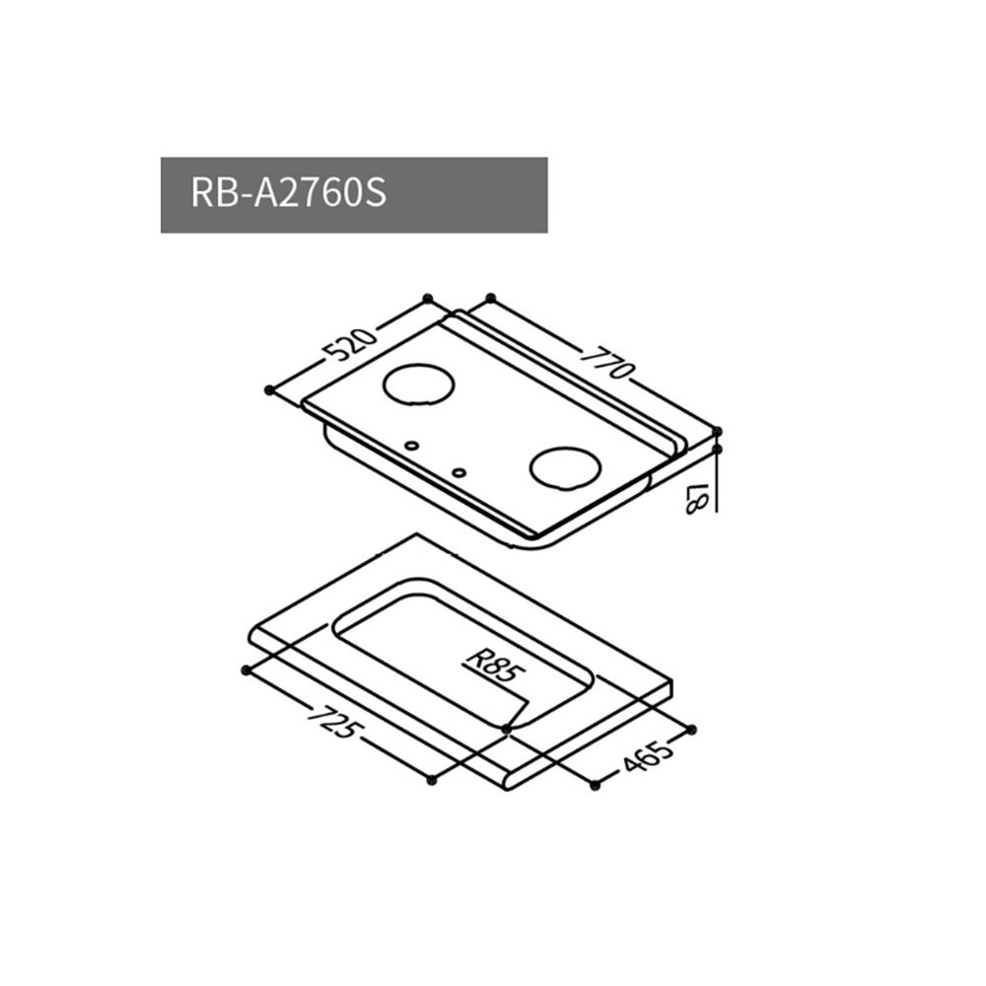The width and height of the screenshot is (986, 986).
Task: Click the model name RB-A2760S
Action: (x=286, y=194)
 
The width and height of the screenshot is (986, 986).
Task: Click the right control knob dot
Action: (x=458, y=471)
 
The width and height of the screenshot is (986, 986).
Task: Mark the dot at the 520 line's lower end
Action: (x=269, y=390)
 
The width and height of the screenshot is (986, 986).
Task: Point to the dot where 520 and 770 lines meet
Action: (x=426, y=298)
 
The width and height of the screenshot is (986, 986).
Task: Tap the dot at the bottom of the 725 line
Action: (x=431, y=780)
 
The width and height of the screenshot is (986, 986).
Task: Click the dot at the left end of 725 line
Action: (x=245, y=669)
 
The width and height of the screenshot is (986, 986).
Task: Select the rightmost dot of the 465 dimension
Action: (x=691, y=728)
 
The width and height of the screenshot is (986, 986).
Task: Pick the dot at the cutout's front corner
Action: (x=506, y=728)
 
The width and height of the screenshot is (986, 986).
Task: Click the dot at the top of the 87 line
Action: (x=717, y=432)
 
